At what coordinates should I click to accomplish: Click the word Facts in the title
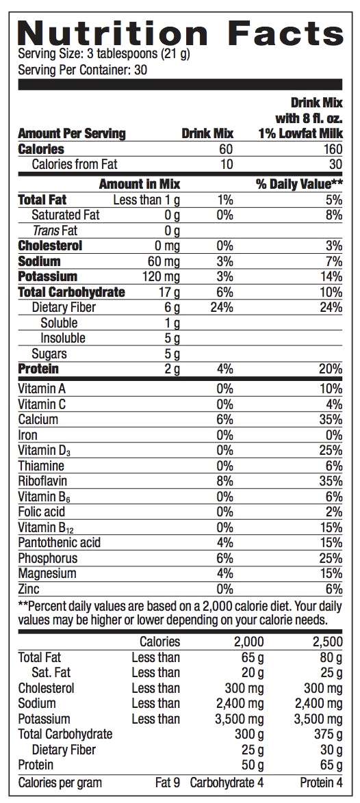286,33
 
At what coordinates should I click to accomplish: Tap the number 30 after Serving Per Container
141,69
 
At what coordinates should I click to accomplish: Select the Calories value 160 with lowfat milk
333,149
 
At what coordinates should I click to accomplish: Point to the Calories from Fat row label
75,164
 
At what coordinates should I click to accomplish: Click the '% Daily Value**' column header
300,185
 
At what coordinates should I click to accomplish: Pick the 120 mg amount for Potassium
161,277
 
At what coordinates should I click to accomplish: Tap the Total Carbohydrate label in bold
72,293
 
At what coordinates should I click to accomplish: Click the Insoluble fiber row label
63,338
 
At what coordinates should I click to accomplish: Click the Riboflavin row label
42,482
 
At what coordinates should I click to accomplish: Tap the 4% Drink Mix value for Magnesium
224,573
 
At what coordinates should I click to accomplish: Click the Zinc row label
29,589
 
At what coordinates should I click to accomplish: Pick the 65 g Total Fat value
253,657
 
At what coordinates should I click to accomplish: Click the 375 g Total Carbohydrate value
329,734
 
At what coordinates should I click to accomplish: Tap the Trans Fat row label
55,231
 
